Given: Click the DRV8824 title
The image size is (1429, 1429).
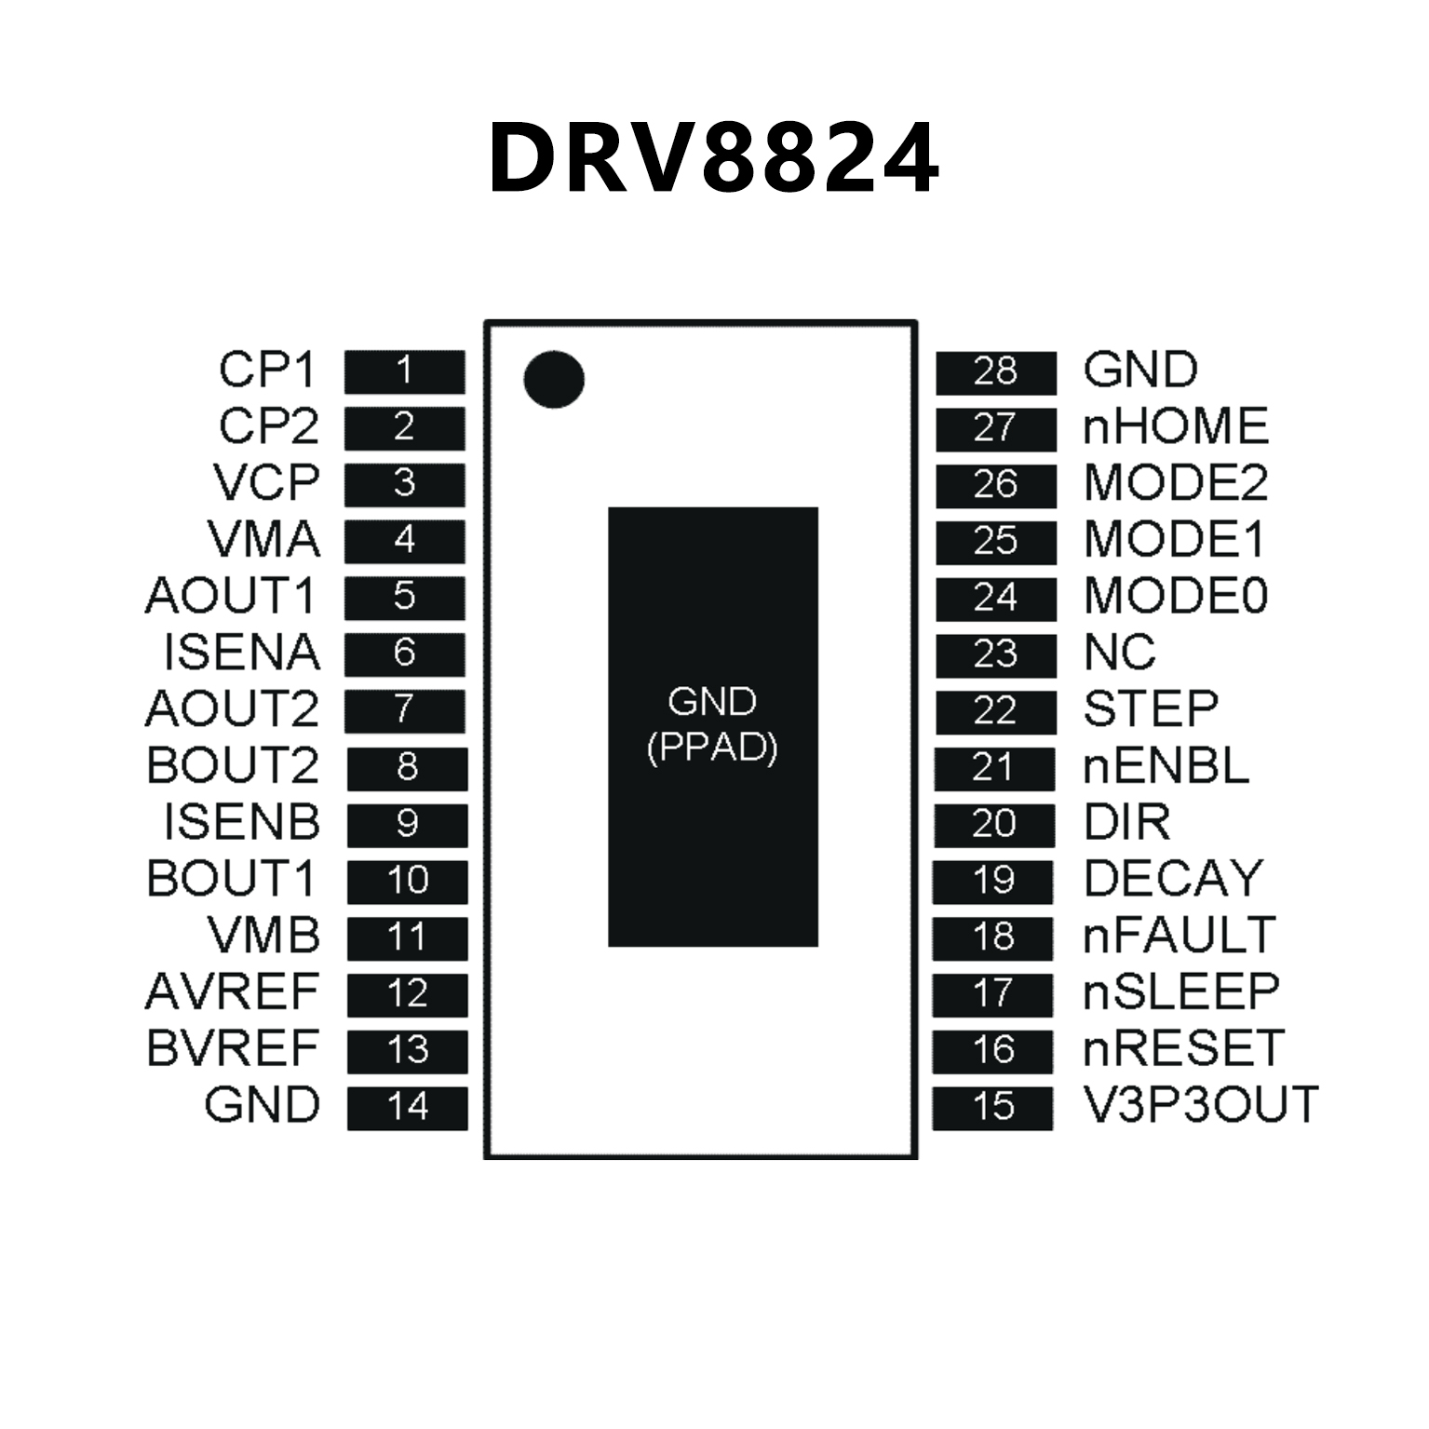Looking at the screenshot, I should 713,158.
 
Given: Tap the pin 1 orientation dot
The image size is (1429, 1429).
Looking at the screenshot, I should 554,380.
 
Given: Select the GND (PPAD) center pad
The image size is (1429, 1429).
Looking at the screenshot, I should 713,726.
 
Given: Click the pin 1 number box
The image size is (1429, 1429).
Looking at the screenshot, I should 404,371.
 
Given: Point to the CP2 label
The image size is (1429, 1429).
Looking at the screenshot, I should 269,426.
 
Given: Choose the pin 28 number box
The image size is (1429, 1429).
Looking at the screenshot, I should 995,372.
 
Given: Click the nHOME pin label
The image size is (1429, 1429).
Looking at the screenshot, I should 1176,426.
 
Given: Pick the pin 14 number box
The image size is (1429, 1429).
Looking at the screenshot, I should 407,1108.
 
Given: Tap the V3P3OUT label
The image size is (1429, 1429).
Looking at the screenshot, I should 1201,1105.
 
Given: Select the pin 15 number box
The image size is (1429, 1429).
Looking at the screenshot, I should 992,1108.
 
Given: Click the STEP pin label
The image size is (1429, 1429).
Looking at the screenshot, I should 1151,709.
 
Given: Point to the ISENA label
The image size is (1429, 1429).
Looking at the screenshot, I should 242,653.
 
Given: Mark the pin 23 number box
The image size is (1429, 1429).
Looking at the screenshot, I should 995,655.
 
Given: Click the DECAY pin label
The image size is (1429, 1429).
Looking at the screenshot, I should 1174,879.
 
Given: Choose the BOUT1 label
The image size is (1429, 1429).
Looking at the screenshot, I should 232,879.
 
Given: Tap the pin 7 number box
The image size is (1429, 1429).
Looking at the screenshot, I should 404,710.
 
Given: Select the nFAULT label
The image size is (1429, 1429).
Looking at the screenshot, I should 1179,936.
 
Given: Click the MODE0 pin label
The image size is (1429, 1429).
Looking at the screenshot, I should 1176,596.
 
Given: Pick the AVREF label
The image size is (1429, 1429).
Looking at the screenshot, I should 233,992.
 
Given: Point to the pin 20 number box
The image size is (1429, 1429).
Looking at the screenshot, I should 993,825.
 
